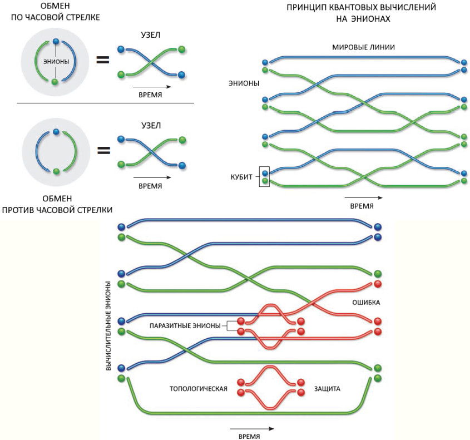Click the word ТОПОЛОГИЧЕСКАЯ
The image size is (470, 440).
[x=199, y=388]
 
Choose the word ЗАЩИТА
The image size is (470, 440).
[x=327, y=388]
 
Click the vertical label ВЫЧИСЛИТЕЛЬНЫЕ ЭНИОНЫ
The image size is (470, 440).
[x=109, y=326]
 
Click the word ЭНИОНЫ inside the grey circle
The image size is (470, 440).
[x=55, y=62]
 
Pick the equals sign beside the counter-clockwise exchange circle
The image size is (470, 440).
[x=102, y=150]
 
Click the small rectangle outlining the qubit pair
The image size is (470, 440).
[x=265, y=176]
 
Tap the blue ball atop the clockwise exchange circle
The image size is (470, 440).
[x=55, y=41]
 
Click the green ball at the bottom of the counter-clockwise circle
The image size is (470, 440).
[x=55, y=171]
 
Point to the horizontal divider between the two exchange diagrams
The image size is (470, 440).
[x=105, y=103]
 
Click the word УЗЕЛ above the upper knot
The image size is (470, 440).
[x=150, y=35]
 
